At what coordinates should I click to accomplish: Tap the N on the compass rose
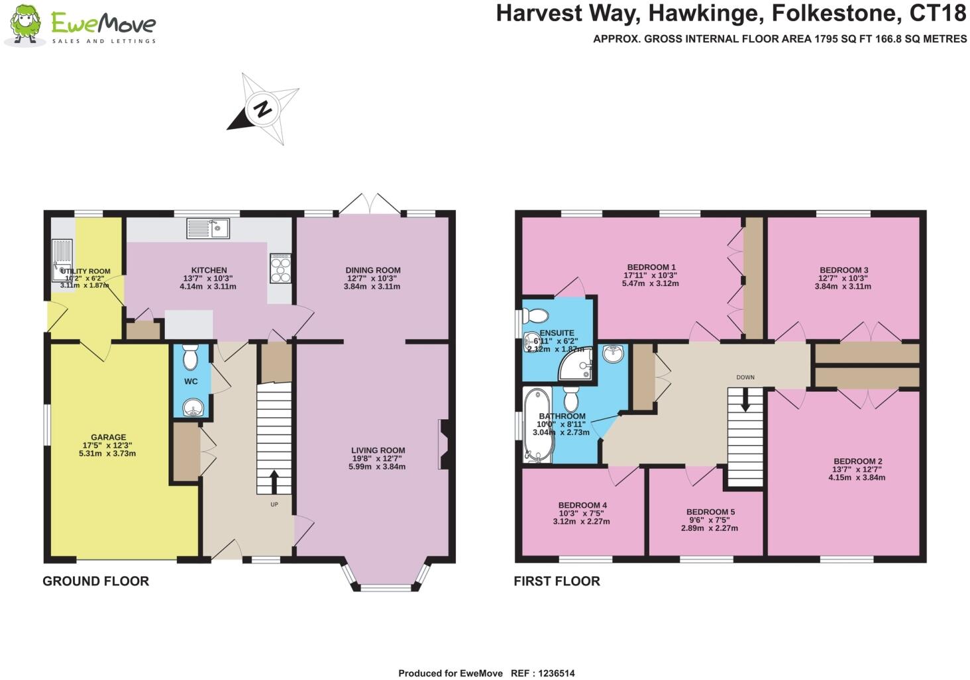(263, 109)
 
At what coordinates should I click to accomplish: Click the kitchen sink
(208, 228)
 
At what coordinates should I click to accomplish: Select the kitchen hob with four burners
(280, 268)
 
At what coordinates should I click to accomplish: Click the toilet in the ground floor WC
(191, 358)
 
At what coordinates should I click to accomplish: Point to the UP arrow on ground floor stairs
(274, 482)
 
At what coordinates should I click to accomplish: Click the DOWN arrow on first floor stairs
(745, 400)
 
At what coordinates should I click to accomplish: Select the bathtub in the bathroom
(537, 424)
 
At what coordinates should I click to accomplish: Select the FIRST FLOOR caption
(557, 581)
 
